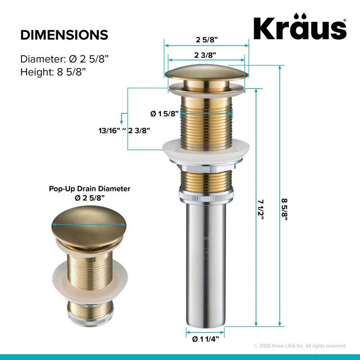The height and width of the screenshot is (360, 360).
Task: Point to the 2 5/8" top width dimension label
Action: [206, 39]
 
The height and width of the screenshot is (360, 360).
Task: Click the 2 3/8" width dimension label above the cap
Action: [206, 55]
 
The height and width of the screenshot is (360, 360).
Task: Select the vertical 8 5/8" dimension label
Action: [284, 208]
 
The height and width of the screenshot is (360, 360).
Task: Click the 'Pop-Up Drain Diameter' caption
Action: [90, 189]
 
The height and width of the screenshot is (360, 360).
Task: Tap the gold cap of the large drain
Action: [206, 74]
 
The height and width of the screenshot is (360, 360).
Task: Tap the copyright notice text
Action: [300, 346]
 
